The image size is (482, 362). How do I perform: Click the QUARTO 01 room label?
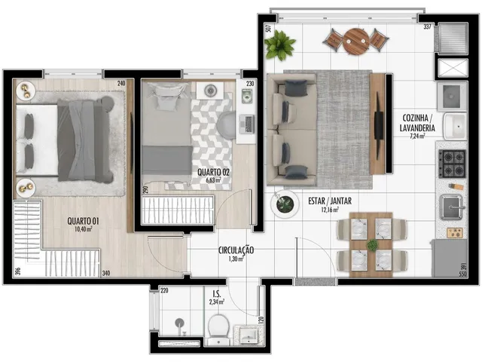point(83,221)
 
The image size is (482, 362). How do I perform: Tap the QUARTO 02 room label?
point(213,173)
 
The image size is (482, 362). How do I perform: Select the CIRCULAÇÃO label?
point(236,250)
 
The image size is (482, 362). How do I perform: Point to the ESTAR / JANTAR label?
point(330,201)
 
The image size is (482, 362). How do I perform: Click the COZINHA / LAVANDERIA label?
point(417,123)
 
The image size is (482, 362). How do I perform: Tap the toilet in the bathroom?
point(218,329)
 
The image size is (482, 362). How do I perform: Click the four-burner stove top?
point(452,164)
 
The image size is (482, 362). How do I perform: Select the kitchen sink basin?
point(451,207)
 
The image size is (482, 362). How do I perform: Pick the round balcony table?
point(356,41)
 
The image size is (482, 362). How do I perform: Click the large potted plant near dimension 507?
point(279,44)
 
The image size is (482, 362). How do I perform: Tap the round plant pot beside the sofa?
point(285,204)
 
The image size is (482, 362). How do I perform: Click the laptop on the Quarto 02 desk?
point(246,124)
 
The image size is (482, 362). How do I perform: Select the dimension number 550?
point(462,274)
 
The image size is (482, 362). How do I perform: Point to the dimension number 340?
point(106,273)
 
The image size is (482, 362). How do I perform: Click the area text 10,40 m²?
point(84,229)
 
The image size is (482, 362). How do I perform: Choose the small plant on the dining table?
point(372,245)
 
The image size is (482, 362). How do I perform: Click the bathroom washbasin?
point(249,335)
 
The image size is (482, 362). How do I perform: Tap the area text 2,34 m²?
point(217,302)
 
